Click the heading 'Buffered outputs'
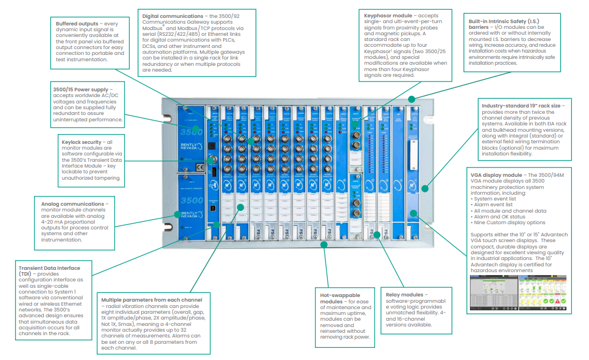pyautogui.click(x=75, y=24)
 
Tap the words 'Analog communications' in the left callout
pyautogui.click(x=72, y=204)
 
